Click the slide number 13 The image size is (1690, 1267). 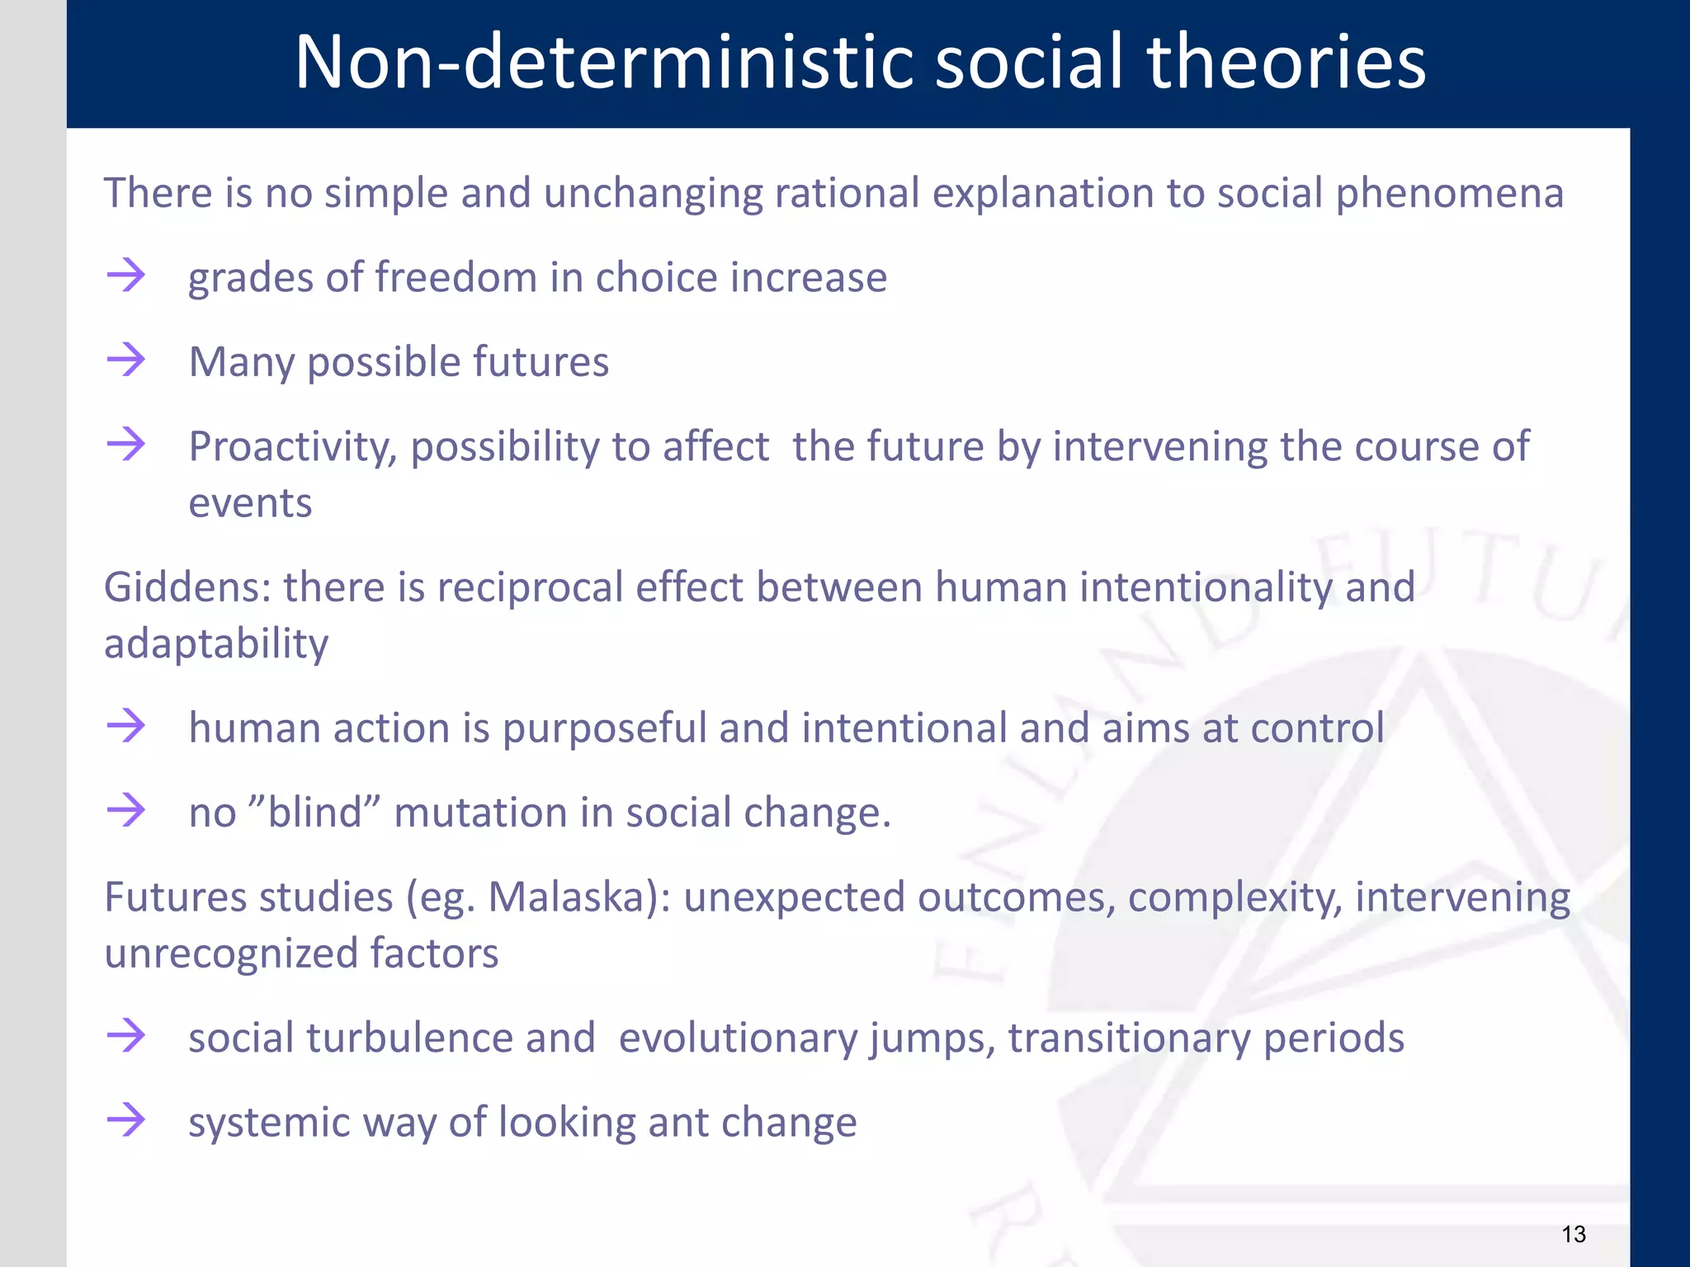1574,1234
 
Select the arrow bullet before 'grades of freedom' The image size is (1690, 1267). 126,276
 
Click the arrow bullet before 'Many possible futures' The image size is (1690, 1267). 126,360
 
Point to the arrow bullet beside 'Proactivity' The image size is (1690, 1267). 126,445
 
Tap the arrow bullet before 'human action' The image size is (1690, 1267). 126,727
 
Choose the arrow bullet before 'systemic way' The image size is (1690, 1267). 126,1120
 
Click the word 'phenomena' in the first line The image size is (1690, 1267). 1449,194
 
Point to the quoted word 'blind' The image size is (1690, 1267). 314,812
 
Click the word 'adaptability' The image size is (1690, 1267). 216,644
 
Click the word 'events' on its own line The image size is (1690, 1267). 250,503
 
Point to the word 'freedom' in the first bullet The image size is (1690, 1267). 456,277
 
